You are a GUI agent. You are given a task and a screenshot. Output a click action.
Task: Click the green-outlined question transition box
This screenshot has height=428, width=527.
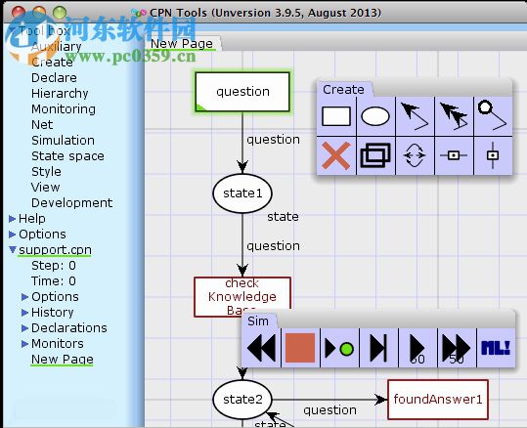click(242, 92)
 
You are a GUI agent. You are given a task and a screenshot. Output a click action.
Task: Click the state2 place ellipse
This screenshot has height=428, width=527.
click(242, 398)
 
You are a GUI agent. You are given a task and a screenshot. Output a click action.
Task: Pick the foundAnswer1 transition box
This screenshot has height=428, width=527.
click(438, 399)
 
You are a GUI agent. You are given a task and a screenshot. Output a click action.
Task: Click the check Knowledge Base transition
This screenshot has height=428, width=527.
click(242, 296)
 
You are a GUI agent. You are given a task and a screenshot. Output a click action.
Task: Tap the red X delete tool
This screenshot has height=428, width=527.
click(336, 155)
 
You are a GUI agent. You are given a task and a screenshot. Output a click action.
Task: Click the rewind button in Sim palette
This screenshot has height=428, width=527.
click(261, 348)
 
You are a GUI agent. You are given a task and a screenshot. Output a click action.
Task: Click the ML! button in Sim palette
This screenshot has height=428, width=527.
click(495, 348)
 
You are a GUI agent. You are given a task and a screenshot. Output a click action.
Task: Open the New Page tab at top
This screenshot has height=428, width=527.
click(182, 43)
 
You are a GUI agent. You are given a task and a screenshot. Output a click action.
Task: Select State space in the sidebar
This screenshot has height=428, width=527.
click(67, 155)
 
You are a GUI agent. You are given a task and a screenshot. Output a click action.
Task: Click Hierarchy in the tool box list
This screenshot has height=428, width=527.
click(60, 93)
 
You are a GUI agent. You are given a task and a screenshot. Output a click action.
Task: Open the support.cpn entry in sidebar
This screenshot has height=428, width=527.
click(55, 249)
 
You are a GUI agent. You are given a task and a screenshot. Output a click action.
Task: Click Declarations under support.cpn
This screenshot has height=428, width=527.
click(69, 327)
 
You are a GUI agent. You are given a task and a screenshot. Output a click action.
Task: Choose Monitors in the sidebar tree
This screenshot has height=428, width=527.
click(58, 343)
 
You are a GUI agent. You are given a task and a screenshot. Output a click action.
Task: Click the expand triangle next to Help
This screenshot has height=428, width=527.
click(12, 218)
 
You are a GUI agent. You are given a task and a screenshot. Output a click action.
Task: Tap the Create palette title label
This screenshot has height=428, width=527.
click(343, 89)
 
